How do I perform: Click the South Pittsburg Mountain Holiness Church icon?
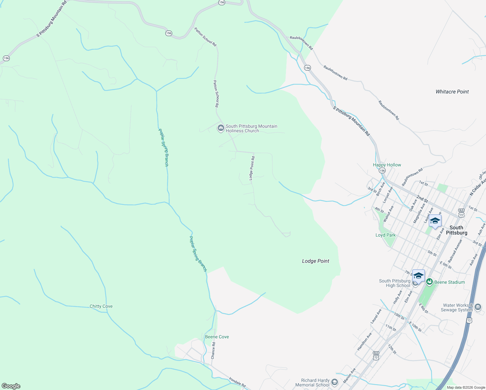click(221, 128)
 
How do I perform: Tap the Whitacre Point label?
click(452, 92)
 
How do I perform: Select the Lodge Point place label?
click(315, 261)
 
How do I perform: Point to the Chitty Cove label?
click(101, 306)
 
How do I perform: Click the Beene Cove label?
click(217, 337)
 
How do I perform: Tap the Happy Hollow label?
click(387, 165)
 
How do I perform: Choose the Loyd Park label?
click(386, 235)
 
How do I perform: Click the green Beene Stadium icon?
click(429, 282)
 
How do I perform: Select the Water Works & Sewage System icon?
click(478, 307)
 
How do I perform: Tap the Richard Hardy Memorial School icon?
click(335, 382)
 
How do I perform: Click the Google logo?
click(11, 386)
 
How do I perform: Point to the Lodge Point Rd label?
click(252, 168)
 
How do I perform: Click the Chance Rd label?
click(213, 350)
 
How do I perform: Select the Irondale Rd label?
click(237, 381)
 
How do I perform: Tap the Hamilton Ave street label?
click(364, 342)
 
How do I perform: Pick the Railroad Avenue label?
click(455, 251)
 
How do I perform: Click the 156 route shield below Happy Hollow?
click(382, 171)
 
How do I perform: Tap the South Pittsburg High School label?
click(394, 283)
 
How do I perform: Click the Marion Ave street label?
click(350, 375)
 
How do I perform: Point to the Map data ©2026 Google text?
click(465, 387)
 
